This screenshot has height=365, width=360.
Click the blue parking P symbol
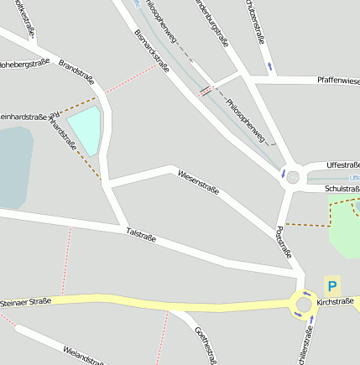(332, 286)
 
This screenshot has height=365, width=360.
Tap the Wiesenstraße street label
(198, 182)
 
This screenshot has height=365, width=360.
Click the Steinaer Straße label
(25, 301)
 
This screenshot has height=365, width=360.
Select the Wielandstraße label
(84, 354)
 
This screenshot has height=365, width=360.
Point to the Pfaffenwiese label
(338, 81)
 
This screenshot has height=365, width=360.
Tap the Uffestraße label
(342, 165)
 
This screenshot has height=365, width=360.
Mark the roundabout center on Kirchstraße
(303, 304)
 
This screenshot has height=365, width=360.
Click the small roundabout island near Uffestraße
(293, 177)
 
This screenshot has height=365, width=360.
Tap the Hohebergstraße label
(23, 63)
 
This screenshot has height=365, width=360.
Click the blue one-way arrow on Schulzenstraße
(269, 65)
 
